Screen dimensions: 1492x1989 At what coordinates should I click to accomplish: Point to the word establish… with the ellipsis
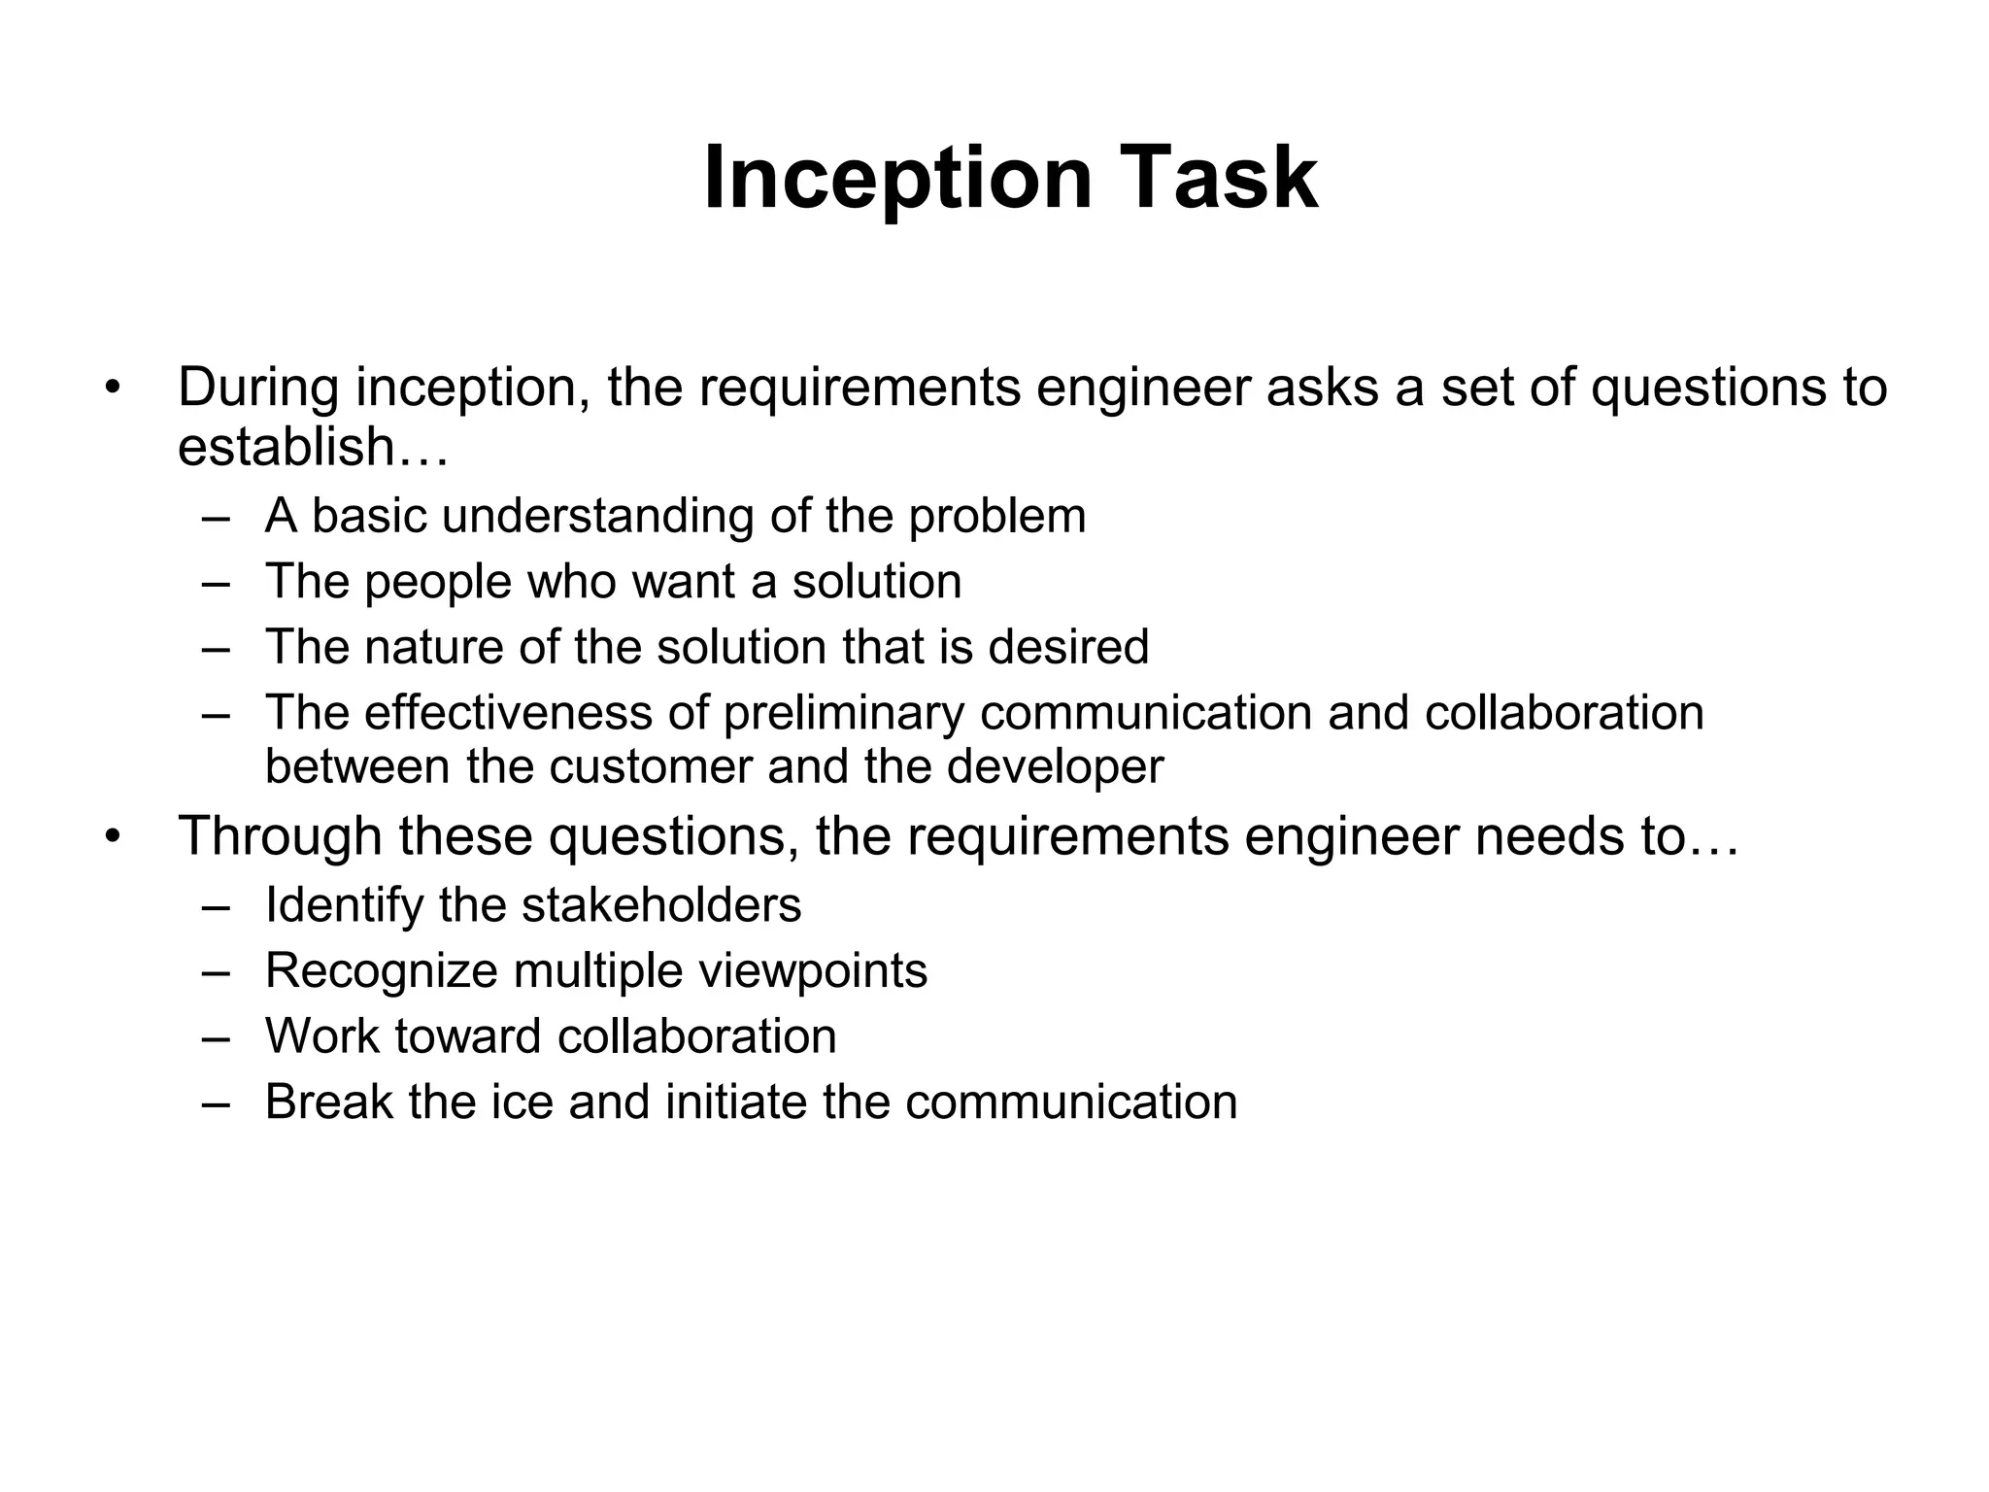313,447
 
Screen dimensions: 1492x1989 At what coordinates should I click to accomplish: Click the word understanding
597,516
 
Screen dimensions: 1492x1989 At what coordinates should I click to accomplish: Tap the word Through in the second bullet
280,835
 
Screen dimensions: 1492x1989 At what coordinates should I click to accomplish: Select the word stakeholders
660,905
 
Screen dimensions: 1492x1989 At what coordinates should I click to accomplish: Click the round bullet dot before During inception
114,389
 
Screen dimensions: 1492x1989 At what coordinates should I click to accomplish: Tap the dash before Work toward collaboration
217,1037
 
